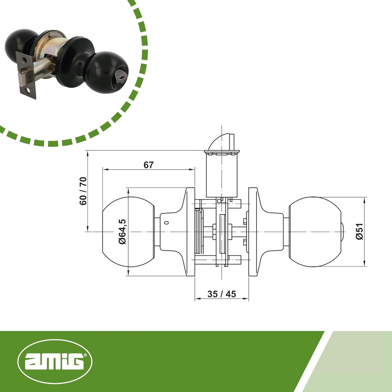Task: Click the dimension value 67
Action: [x=149, y=165]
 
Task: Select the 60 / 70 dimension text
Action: [x=83, y=191]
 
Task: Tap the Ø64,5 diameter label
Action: [x=122, y=232]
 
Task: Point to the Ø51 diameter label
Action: [x=359, y=231]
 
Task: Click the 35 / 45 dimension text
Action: [x=222, y=294]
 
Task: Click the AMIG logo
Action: [x=55, y=361]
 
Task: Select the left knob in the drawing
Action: [x=128, y=232]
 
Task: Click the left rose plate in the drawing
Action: [x=190, y=232]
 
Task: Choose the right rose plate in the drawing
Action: [x=253, y=232]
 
